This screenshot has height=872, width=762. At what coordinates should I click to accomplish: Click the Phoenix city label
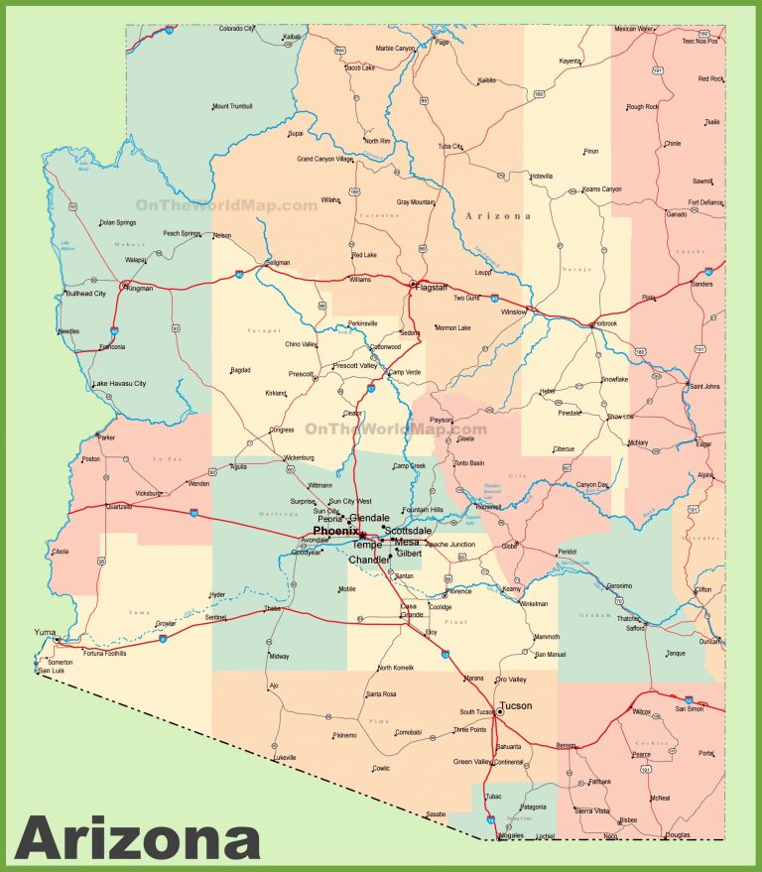pos(335,532)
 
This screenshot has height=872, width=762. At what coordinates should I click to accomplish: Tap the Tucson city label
pos(516,705)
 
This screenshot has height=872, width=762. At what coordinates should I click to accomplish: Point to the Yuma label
pos(45,631)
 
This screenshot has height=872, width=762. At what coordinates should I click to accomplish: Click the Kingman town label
pos(139,288)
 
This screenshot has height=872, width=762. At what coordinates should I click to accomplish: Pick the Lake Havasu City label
pos(119,384)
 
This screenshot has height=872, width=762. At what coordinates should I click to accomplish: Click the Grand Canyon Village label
pos(324,159)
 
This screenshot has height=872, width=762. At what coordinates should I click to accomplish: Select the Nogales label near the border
pos(511,835)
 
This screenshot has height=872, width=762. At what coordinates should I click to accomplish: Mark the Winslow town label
pos(514,311)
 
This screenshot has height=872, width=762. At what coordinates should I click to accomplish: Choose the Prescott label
pos(301,374)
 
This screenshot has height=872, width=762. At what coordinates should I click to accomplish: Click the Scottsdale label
pos(408,531)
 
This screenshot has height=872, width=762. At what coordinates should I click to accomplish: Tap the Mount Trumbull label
pos(232,106)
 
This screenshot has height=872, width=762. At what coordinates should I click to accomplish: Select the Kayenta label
pos(570,61)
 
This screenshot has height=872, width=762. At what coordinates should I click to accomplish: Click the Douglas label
pos(679,835)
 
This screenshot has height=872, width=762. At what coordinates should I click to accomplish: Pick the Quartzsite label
pos(119,506)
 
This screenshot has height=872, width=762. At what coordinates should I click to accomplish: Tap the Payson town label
pos(441,420)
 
